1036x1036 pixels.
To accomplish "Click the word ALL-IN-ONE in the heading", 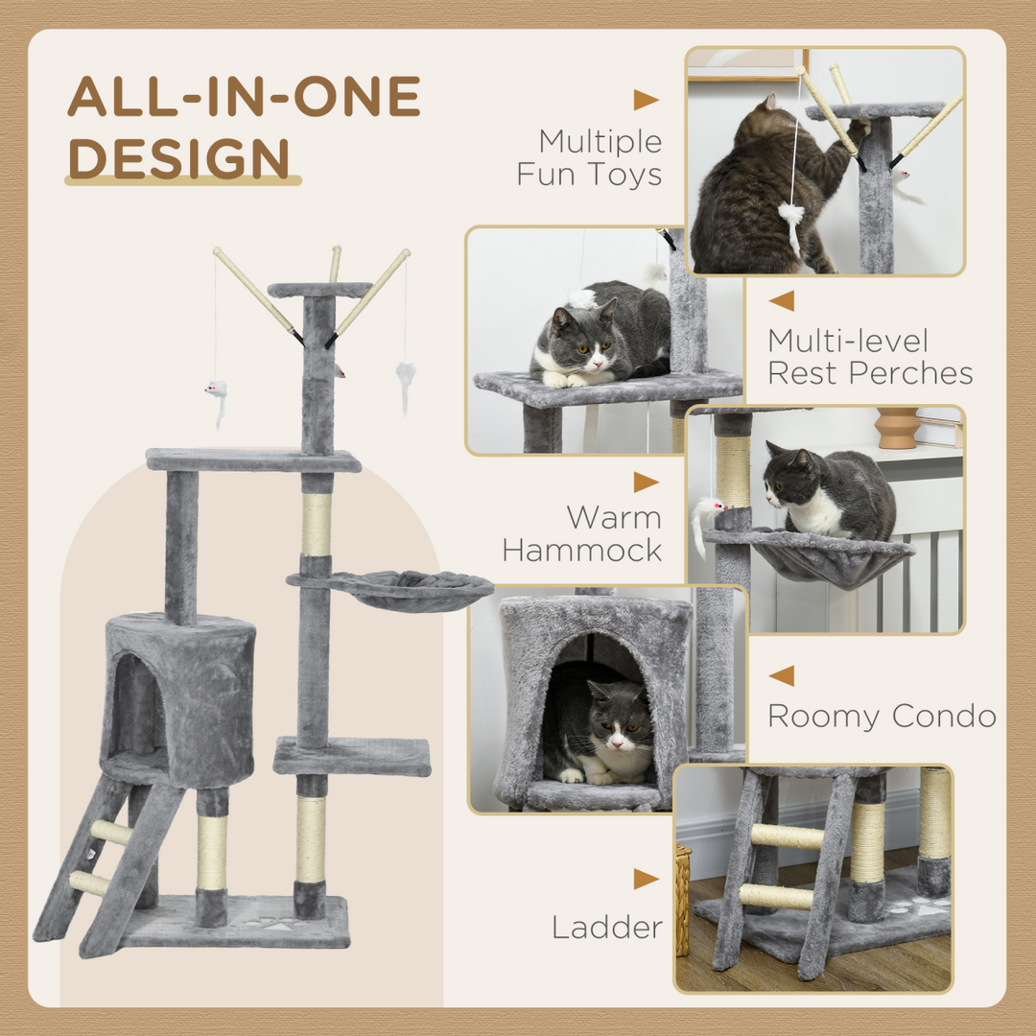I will (244, 97).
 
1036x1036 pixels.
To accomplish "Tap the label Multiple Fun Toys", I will (589, 157).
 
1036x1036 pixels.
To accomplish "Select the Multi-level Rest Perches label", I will (869, 356).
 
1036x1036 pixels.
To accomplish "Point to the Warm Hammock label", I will (581, 533).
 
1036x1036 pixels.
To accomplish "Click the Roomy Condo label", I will (881, 716).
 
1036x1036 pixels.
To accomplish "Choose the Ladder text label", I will (606, 927).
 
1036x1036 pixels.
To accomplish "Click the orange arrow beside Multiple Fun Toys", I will (646, 100).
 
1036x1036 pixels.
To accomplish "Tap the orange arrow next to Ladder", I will (646, 879).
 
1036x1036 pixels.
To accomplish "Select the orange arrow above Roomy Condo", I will (782, 675).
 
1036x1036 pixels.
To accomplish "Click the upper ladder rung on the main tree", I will (112, 833).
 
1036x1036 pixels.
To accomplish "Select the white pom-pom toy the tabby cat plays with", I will (791, 217).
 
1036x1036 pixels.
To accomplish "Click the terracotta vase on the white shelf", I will (897, 428).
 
